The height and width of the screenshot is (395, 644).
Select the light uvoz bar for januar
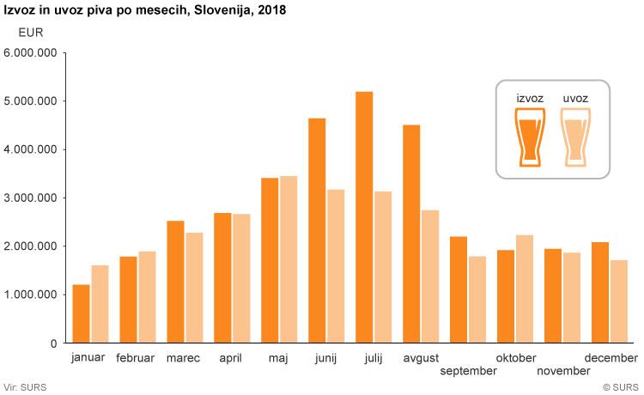pos(100,304)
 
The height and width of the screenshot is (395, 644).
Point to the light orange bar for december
pos(619,301)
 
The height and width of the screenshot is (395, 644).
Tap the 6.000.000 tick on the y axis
pos(31,53)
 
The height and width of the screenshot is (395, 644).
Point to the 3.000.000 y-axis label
pos(31,198)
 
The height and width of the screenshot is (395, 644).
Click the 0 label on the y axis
pos(53,343)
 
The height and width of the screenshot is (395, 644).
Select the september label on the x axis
pos(468,371)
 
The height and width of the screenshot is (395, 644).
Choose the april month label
pos(231,358)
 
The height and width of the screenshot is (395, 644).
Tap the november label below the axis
pos(563,371)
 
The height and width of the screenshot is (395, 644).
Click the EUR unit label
pos(30,33)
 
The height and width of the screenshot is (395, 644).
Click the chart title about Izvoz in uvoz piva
pos(146,11)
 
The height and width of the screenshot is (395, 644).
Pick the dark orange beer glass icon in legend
pos(530,136)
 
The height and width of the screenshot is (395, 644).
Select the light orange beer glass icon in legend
pos(575,136)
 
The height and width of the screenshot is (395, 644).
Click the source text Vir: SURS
pos(25,387)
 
